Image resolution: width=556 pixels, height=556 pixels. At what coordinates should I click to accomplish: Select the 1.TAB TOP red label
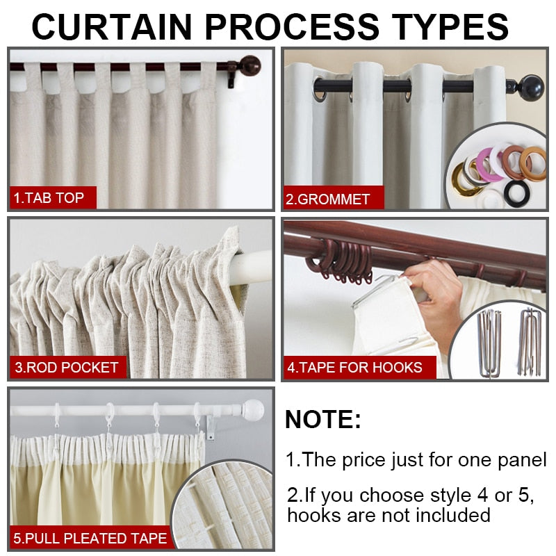click(x=50, y=198)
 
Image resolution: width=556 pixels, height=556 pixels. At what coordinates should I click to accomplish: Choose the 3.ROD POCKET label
click(x=67, y=367)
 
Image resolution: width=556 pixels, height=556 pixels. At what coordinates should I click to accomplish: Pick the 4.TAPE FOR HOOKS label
click(x=355, y=367)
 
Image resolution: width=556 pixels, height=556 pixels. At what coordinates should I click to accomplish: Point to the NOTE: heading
click(x=323, y=420)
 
